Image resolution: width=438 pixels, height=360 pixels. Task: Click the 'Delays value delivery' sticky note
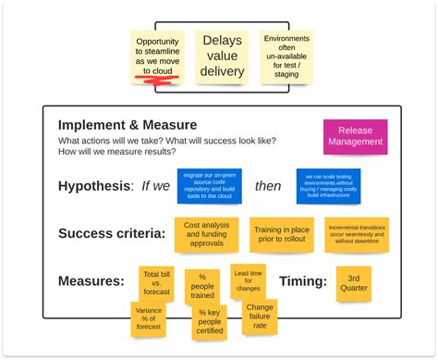(222, 57)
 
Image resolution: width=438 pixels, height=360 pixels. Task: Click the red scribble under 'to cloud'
(157, 82)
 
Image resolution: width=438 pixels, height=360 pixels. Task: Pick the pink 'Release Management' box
(355, 136)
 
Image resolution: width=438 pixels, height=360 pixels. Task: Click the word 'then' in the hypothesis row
(268, 186)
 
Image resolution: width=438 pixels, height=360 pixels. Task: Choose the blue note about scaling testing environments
(328, 185)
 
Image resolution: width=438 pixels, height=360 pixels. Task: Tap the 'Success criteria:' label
(112, 234)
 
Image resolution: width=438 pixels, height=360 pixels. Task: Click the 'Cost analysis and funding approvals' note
(206, 235)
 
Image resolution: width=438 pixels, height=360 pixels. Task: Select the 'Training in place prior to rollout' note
(281, 234)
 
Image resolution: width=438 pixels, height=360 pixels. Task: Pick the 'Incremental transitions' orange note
(356, 235)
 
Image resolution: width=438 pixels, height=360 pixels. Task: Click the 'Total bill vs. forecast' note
(155, 284)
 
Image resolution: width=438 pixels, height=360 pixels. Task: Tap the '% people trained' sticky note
(201, 287)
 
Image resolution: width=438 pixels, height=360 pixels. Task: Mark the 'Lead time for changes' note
(248, 280)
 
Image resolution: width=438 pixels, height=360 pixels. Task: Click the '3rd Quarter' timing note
(353, 283)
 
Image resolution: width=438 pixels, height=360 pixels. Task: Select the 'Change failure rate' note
(260, 317)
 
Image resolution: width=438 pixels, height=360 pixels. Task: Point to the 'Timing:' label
(302, 281)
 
